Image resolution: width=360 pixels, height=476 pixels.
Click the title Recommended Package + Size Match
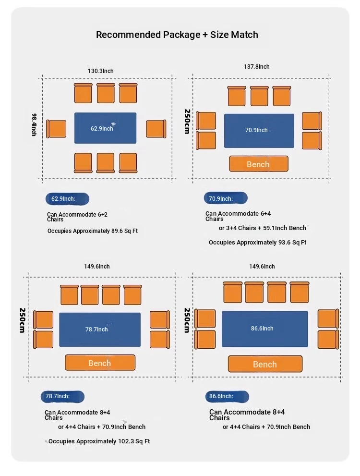177,35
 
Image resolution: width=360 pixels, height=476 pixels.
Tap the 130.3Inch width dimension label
101,71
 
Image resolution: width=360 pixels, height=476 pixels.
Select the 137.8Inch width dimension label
257,67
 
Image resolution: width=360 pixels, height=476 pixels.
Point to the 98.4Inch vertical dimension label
35,125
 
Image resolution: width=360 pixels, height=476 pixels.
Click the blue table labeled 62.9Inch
105,128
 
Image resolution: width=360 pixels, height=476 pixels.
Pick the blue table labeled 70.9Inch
259,131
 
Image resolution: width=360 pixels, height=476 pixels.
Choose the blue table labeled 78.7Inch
100,330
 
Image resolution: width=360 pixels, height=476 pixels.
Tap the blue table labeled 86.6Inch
265,329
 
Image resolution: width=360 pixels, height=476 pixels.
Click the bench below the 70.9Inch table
259,164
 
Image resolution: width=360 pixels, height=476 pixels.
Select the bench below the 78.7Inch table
100,363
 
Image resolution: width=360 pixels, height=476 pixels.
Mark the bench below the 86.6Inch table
265,364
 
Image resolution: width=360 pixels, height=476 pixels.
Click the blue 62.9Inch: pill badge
67,199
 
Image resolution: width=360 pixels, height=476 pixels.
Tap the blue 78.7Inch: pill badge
62,396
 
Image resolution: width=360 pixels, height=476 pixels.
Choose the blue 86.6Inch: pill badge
227,396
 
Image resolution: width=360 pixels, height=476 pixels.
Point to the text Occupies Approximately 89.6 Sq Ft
93,231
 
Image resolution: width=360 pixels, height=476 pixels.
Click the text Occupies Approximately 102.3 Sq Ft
99,441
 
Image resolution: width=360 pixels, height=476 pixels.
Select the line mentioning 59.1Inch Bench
263,228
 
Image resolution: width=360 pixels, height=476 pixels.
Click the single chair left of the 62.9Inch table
56,129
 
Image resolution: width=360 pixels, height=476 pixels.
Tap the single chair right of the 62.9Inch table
156,129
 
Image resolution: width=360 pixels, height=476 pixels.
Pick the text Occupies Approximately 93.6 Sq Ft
257,243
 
